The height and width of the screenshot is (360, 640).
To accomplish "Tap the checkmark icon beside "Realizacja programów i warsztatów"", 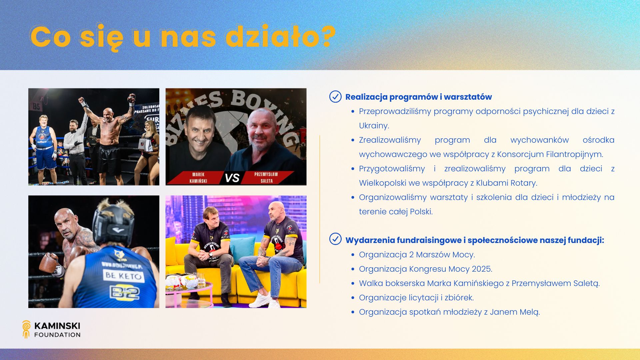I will coord(335,97).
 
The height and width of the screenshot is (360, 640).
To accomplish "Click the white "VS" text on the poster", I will coord(232,178).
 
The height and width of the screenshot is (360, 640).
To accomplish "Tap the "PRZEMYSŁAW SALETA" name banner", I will coord(266,178).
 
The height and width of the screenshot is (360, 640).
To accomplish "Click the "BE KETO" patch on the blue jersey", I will coord(123,276).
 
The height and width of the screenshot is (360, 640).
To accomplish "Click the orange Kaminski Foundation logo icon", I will coord(26,329).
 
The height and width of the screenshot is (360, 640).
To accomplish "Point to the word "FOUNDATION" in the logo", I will coord(57,335).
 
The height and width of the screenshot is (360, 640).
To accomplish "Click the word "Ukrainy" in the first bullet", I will coord(373,126).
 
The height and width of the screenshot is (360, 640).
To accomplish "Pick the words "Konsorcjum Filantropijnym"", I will coord(550,154).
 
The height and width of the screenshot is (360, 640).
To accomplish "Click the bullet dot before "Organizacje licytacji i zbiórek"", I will coord(353,298).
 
